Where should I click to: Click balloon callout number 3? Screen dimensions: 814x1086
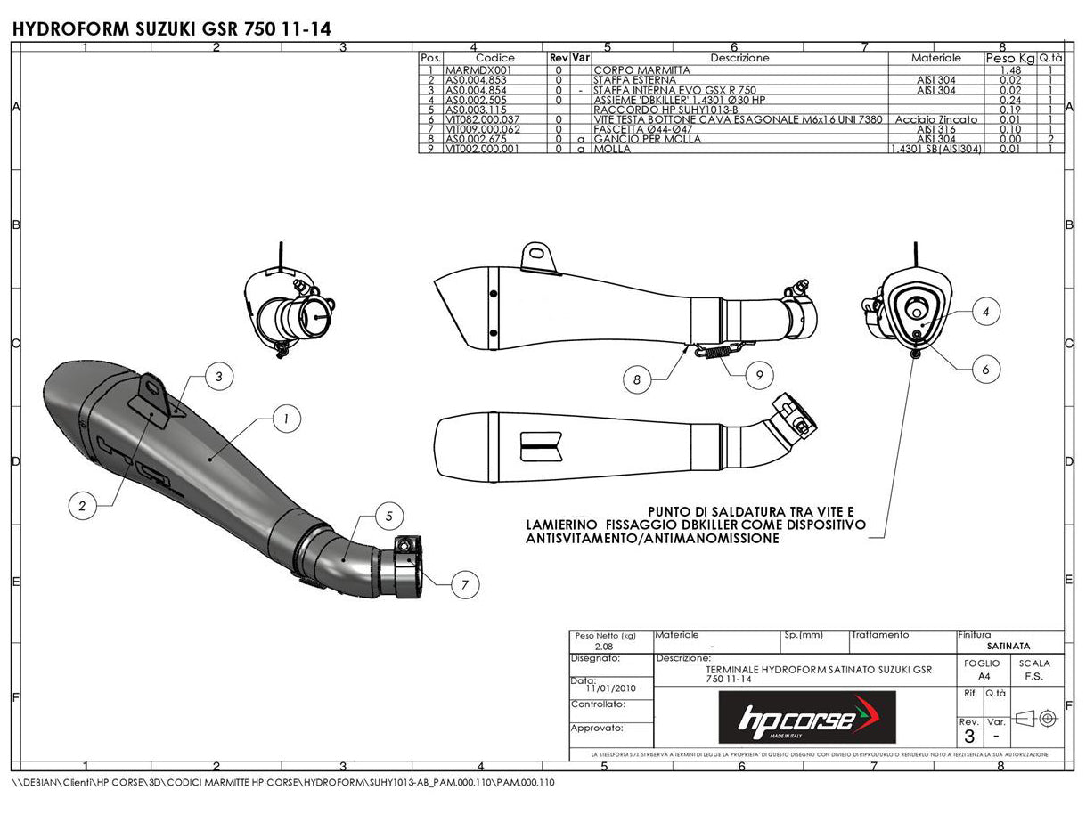point(219,377)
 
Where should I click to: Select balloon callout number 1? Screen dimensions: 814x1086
point(286,417)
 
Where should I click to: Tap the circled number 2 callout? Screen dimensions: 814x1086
point(82,506)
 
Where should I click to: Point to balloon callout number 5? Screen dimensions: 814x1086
point(389,515)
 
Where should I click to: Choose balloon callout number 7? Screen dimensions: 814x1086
point(465,584)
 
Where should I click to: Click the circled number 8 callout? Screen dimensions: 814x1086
point(636,380)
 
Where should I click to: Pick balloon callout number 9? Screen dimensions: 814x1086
point(759,376)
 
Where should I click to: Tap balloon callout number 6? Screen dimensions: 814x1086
point(985,368)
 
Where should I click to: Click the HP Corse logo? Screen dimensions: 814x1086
point(807,718)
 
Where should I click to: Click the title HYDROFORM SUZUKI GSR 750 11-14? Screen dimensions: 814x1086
point(172,28)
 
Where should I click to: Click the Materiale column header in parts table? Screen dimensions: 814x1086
point(935,58)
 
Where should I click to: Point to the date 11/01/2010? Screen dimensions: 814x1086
point(610,688)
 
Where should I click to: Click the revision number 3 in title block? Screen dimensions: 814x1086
point(968,737)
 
